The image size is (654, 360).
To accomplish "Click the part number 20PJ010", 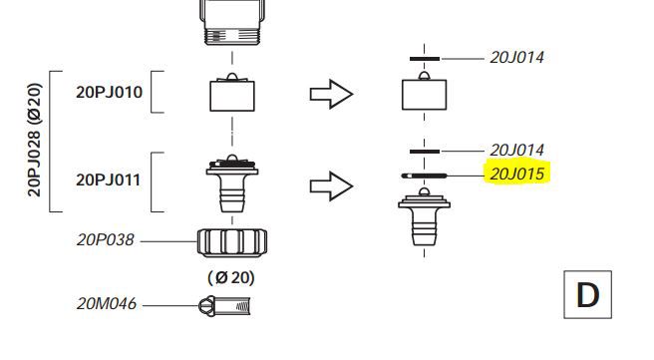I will coord(110,94).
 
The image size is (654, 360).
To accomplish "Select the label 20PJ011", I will coord(110,182).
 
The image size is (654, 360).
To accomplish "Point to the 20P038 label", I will coord(106,240).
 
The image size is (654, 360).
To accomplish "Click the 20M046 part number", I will coord(107,303).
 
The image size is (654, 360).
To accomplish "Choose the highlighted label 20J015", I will coord(517,174).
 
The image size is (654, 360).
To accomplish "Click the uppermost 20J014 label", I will coord(517,58).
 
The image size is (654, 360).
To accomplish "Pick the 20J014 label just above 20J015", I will coord(517,150).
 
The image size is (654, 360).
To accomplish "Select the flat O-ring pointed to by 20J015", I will coord(426,174).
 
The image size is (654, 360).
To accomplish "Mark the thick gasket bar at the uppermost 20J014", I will coord(425,59).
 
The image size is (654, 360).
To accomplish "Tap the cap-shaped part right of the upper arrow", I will coord(426,93).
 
